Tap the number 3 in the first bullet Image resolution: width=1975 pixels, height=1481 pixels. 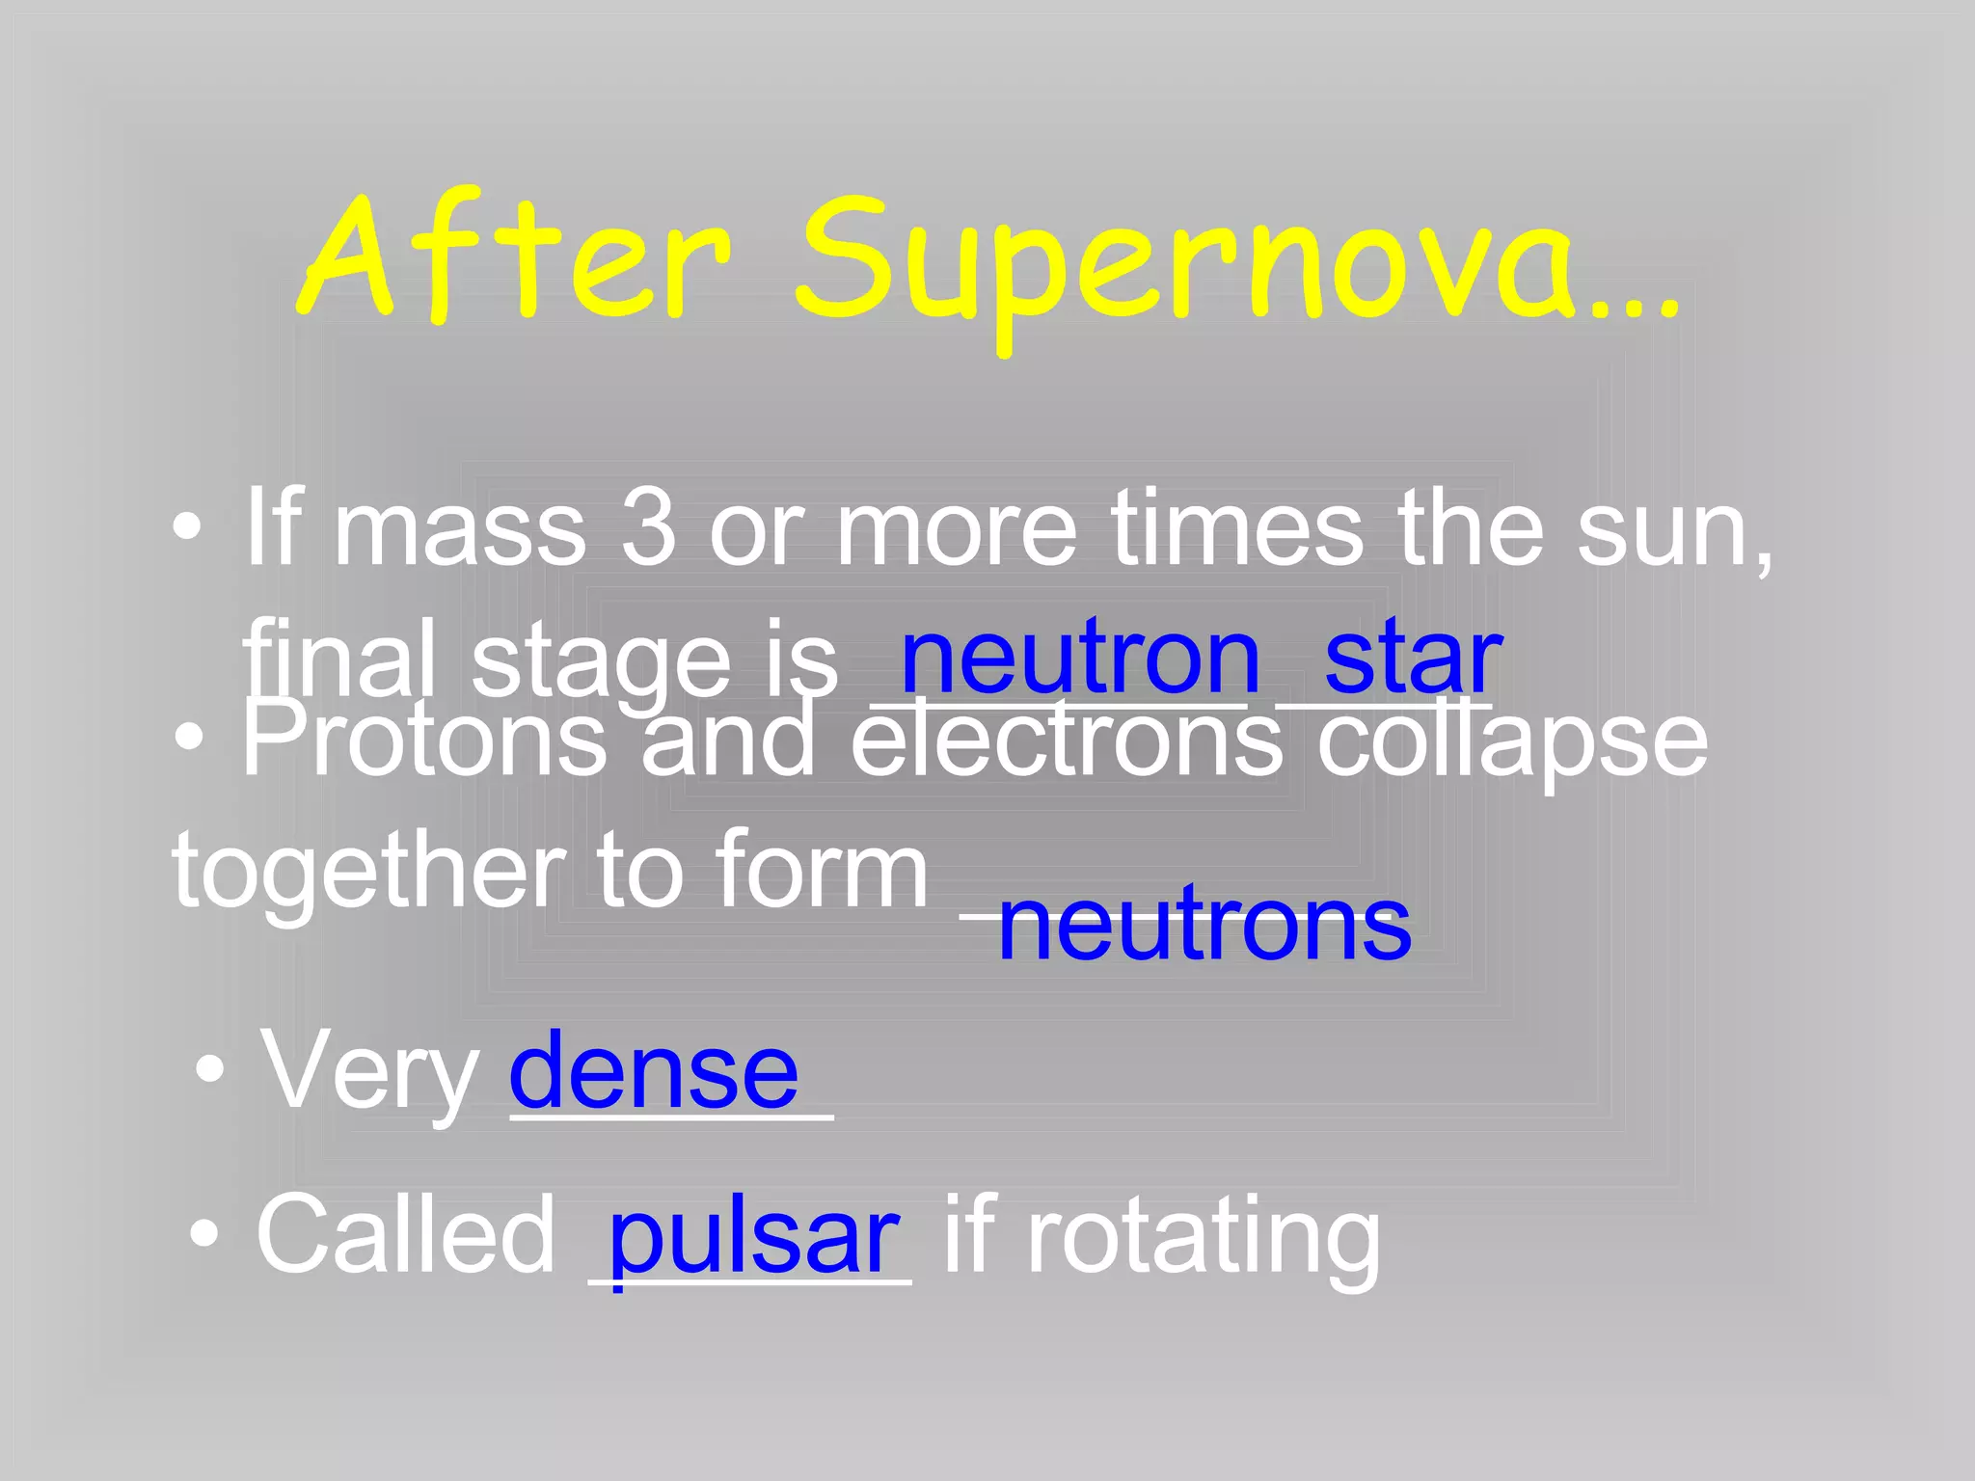tap(648, 528)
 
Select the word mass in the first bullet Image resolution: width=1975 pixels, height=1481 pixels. tap(459, 530)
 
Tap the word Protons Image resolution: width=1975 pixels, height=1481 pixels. tap(424, 740)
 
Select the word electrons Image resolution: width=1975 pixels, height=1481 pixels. tap(1066, 740)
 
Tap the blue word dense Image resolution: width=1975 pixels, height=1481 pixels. tap(654, 1070)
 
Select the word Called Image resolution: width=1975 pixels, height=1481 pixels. tap(405, 1234)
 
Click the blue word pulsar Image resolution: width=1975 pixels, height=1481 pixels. tap(754, 1237)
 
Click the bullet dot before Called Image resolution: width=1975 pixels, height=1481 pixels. tap(203, 1234)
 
